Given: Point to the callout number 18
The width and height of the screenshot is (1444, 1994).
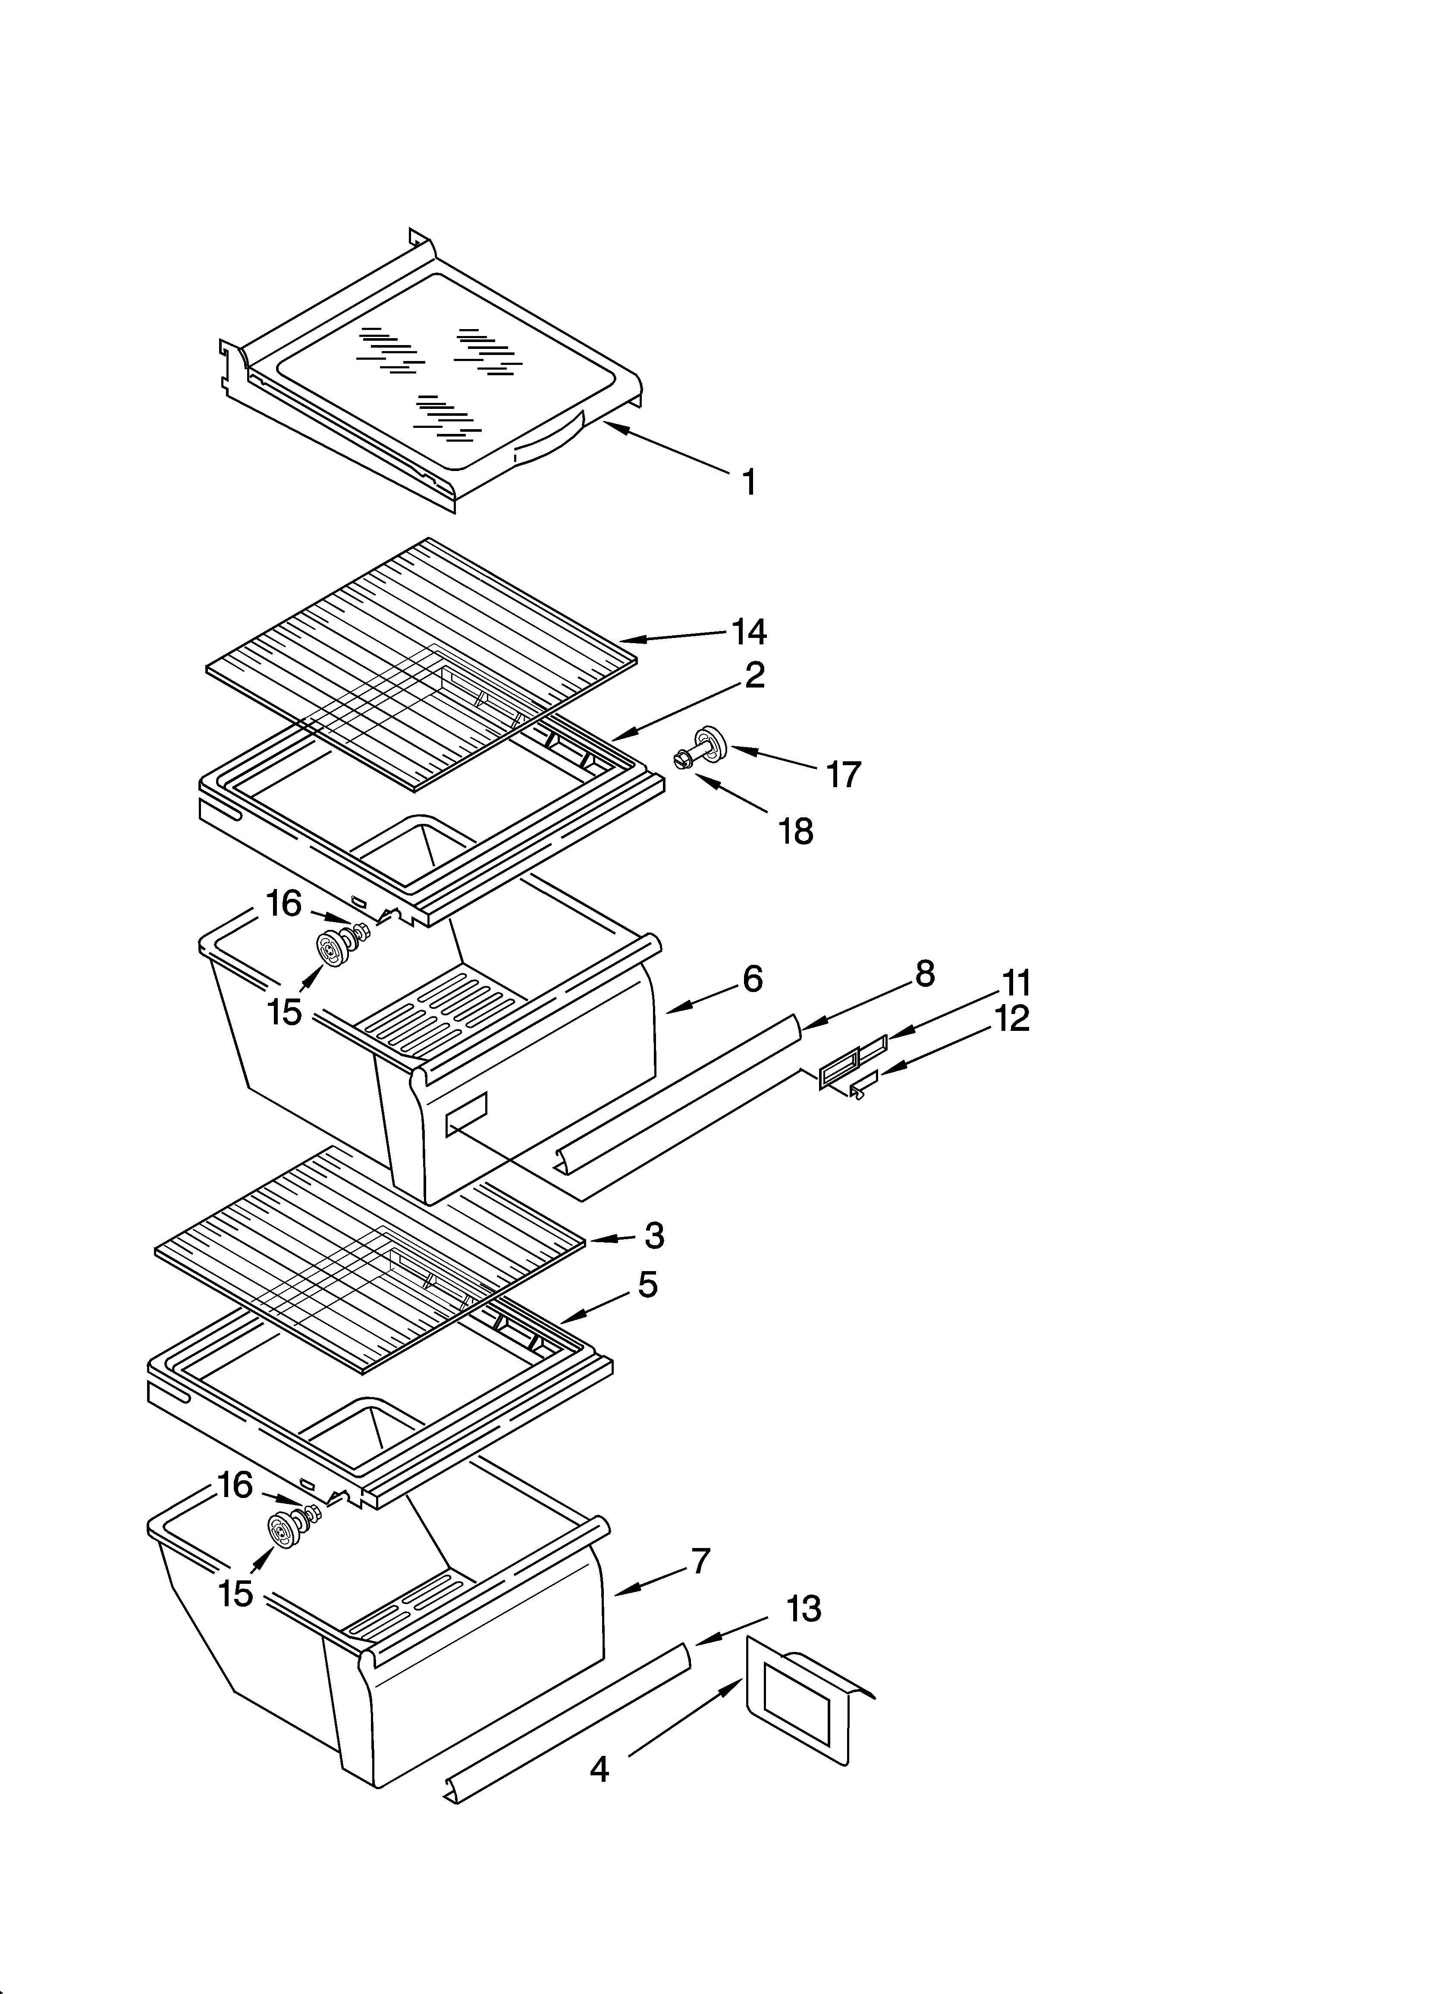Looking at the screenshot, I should coord(796,831).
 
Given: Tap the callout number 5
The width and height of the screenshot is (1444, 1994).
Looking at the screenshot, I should coord(647,1285).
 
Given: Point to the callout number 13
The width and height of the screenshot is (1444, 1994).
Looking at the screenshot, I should coord(803,1609).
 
